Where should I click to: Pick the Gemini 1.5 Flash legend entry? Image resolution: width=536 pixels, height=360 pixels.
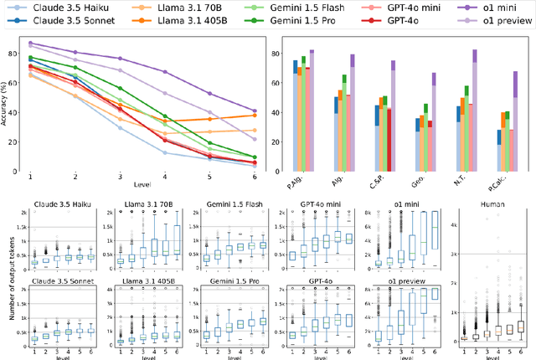click(x=305, y=8)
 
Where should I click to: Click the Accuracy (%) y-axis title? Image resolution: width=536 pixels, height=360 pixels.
click(x=7, y=103)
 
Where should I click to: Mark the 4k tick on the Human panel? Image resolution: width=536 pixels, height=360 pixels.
click(x=454, y=226)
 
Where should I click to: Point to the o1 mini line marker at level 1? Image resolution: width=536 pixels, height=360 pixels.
click(x=31, y=44)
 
